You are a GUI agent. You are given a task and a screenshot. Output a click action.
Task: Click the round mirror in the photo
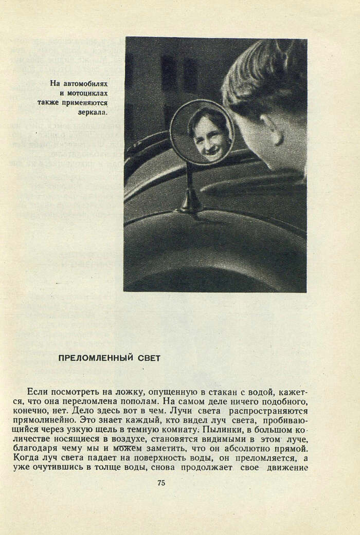click(x=202, y=132)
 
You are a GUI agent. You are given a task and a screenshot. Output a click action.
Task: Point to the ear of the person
click(x=273, y=130)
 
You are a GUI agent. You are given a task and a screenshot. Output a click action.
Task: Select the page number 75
click(x=161, y=483)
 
